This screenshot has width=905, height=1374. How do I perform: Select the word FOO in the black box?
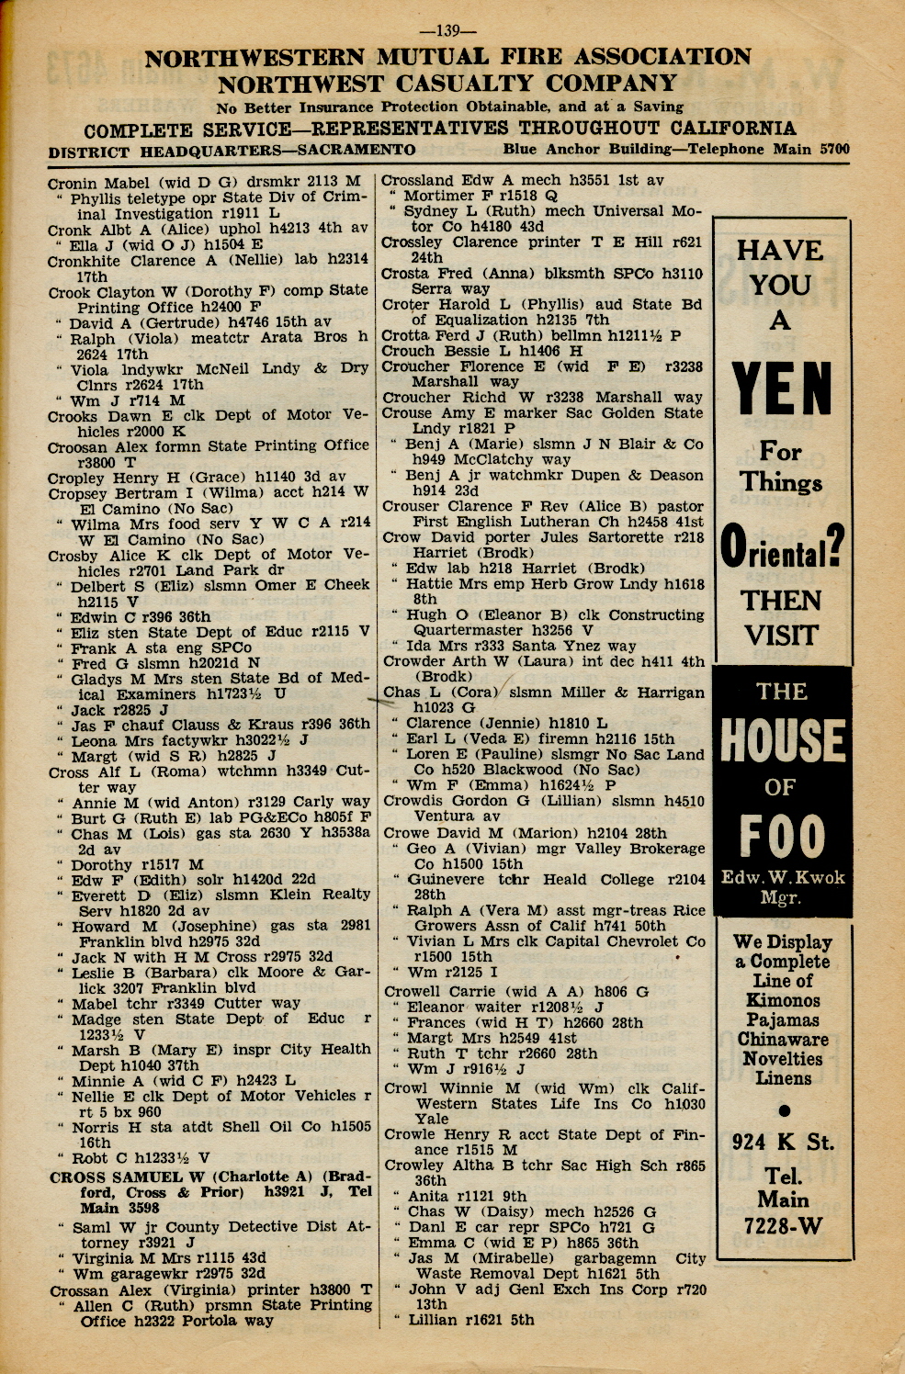pos(782,836)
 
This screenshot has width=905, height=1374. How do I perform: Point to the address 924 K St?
pos(783,1143)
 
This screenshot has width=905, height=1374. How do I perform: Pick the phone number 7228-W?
pos(783,1225)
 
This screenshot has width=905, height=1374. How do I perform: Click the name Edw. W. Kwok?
pos(782,877)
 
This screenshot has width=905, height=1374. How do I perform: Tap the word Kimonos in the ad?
pos(783,1000)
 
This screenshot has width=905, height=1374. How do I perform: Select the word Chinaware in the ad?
pos(783,1040)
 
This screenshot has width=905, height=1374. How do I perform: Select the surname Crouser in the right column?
pos(413,506)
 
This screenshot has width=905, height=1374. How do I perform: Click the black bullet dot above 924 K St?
pos(783,1109)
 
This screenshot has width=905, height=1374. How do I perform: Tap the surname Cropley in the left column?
pos(77,478)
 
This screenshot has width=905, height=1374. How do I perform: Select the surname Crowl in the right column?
pos(404,1088)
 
